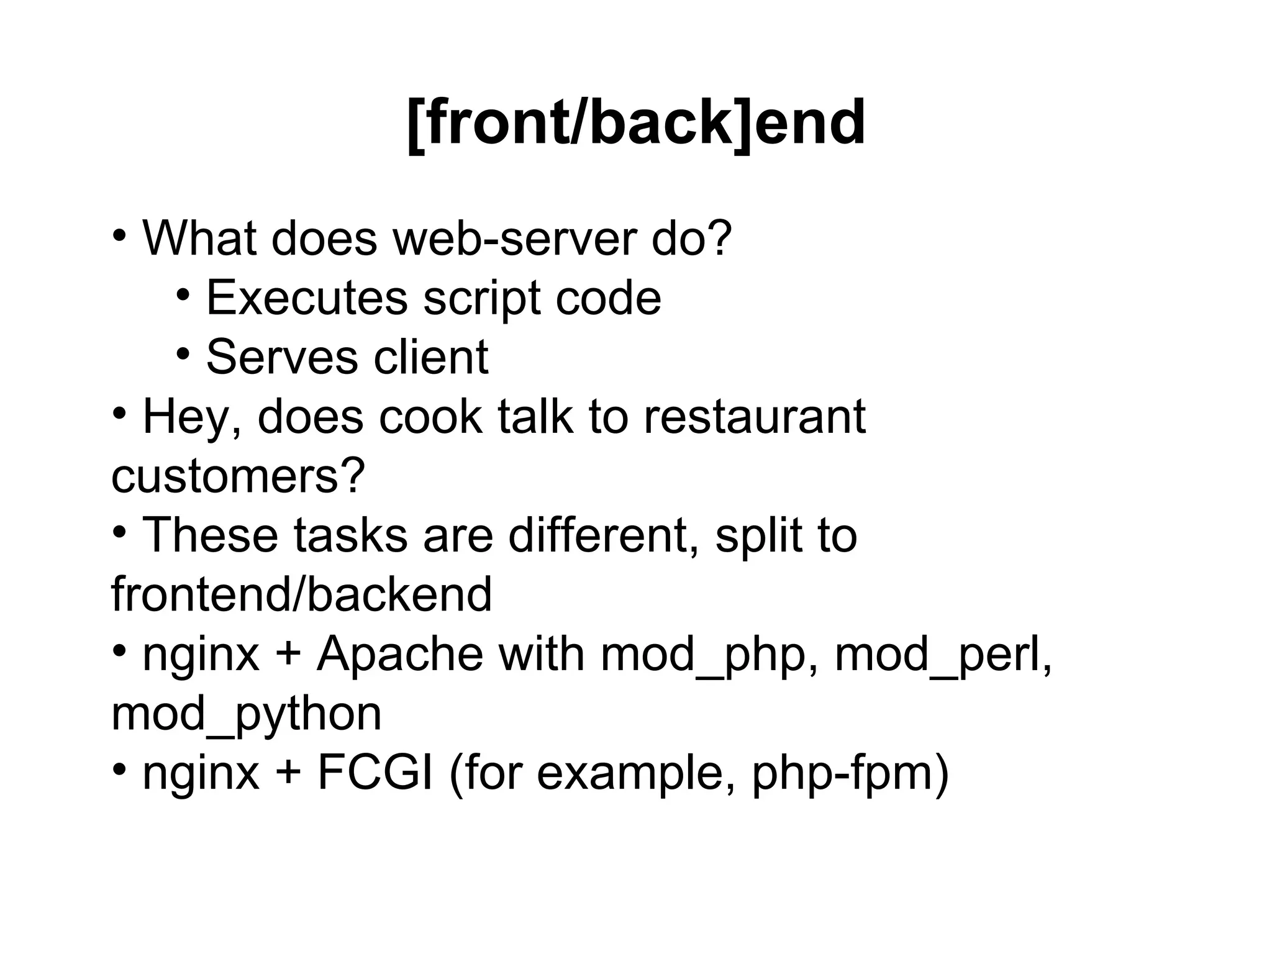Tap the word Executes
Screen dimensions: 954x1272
coord(307,298)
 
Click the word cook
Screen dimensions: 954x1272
coord(430,417)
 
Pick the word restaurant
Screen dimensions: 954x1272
coord(754,417)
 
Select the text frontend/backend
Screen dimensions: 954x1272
coord(302,594)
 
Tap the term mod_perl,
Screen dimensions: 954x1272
coord(943,655)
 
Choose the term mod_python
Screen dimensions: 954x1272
coord(247,715)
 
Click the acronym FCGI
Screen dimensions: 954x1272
coord(375,773)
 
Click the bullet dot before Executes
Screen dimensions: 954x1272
coord(183,293)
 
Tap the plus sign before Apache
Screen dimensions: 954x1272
coord(288,655)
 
